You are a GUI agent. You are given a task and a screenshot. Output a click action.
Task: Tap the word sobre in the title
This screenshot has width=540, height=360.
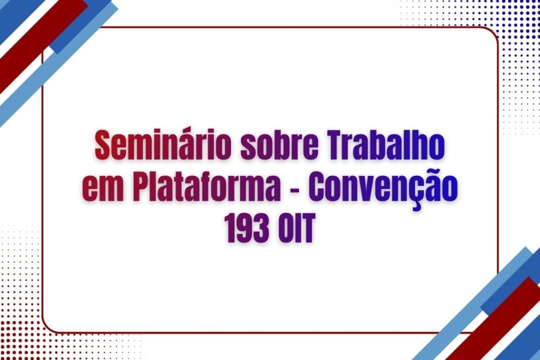(279, 145)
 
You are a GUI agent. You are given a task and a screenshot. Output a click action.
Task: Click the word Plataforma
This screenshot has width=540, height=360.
(205, 186)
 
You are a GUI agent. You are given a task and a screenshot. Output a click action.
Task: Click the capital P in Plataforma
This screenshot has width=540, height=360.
(142, 186)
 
